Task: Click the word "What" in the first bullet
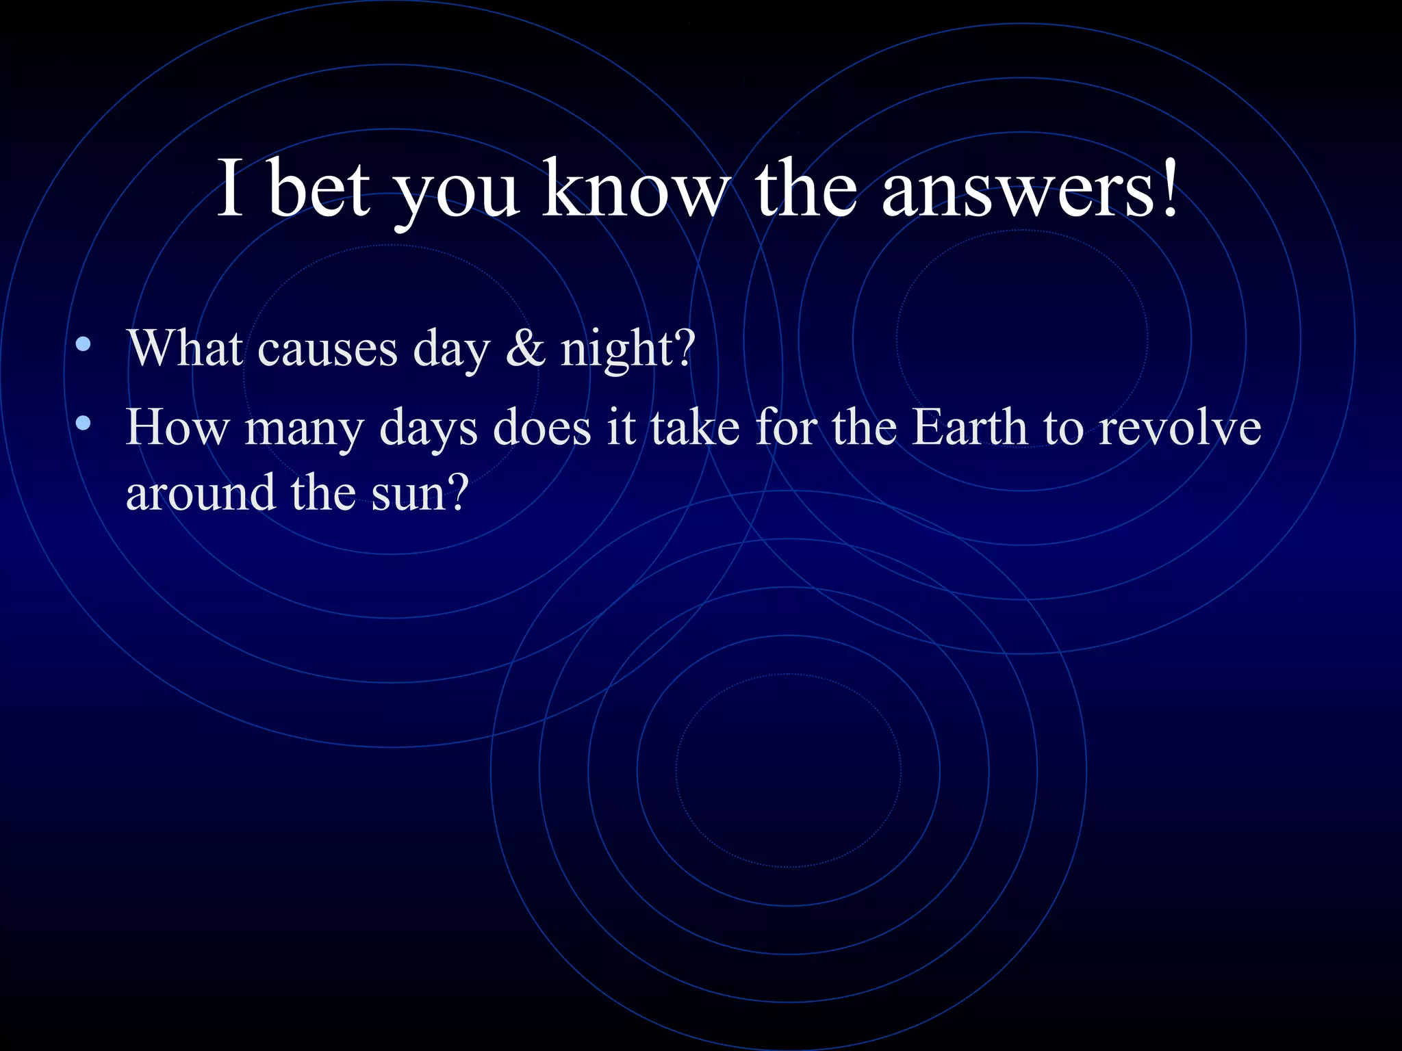point(185,348)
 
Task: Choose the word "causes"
point(327,350)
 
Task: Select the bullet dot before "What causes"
point(84,344)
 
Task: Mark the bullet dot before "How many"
point(84,424)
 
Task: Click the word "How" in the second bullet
point(177,428)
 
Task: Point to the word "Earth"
point(970,428)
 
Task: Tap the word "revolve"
point(1180,428)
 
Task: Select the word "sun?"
point(420,493)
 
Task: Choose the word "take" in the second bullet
point(695,428)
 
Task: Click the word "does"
point(541,428)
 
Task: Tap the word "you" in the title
point(457,190)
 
